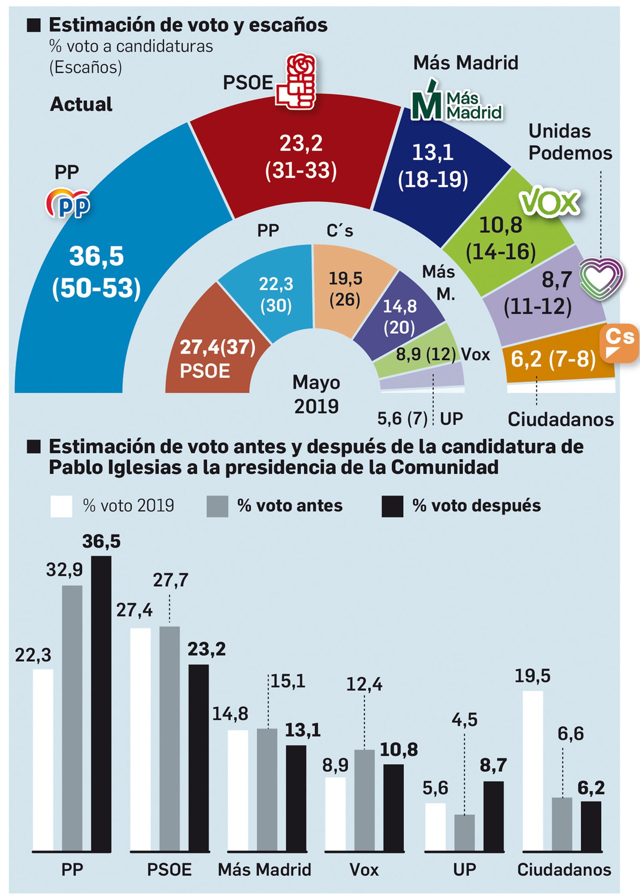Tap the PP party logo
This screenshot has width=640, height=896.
tap(67, 203)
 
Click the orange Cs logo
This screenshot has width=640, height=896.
tap(619, 343)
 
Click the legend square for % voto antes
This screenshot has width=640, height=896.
tap(217, 506)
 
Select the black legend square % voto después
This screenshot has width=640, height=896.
tap(392, 506)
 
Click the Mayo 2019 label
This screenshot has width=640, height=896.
tap(316, 394)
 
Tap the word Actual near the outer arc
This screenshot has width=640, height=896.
tap(81, 104)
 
